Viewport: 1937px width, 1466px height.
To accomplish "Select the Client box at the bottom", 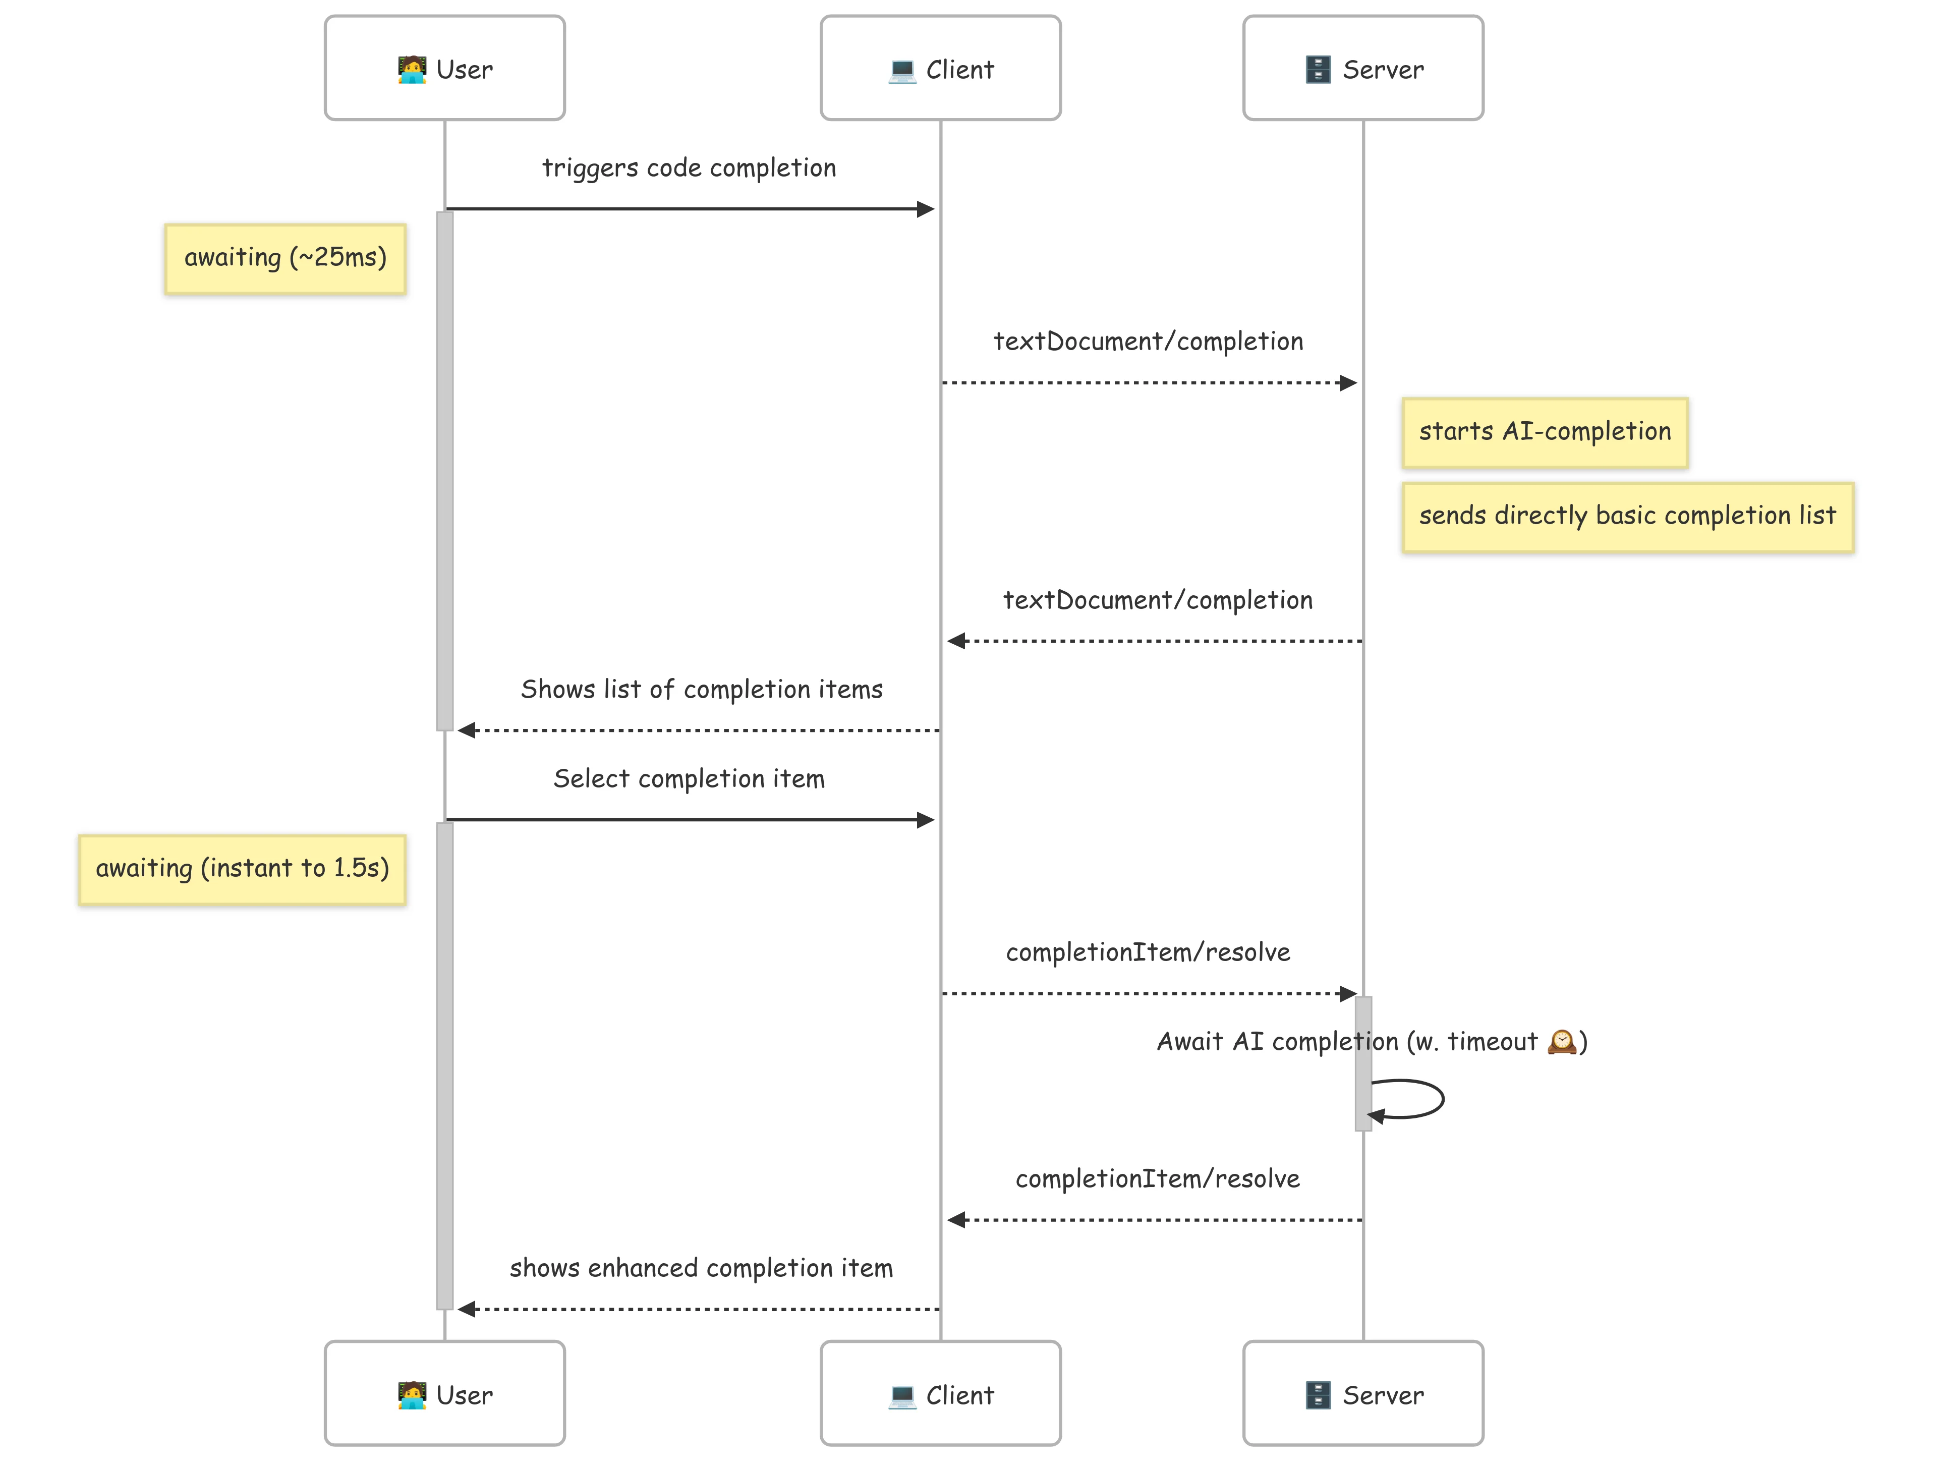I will (x=940, y=1393).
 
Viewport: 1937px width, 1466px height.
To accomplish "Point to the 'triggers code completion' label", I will (x=688, y=167).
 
